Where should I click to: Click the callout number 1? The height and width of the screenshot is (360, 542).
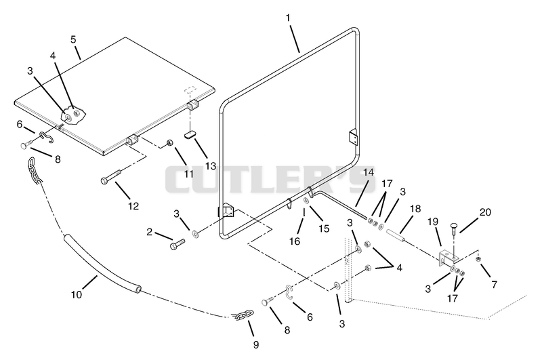click(288, 18)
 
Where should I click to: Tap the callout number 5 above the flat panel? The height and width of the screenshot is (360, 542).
click(73, 39)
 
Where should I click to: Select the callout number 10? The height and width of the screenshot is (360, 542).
click(77, 295)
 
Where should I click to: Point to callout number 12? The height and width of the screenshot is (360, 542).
click(133, 206)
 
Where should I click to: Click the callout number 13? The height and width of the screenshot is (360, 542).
click(211, 166)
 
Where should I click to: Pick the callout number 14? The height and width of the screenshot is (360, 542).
click(369, 172)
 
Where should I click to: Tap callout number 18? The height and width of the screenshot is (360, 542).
click(415, 209)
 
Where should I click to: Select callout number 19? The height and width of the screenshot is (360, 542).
click(433, 222)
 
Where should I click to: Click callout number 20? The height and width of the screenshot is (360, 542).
click(485, 212)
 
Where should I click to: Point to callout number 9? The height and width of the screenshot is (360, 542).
click(256, 344)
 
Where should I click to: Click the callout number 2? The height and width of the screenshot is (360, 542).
click(149, 232)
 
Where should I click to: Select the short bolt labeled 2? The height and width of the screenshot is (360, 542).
click(178, 244)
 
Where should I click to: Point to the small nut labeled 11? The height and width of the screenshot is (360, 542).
click(170, 142)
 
